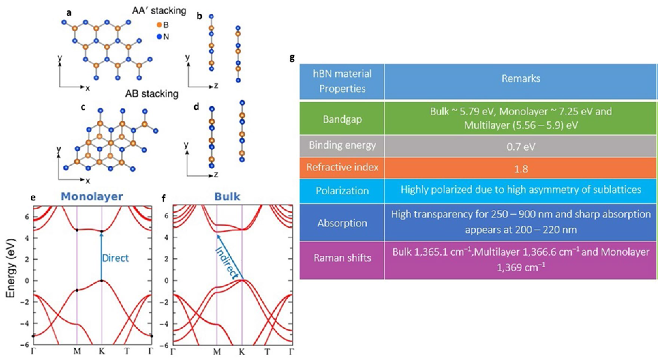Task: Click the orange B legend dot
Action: click(159, 25)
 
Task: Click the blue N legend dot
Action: click(159, 37)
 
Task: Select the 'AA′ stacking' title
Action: click(159, 11)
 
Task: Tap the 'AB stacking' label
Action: click(152, 94)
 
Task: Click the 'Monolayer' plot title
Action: click(92, 196)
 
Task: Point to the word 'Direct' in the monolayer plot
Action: click(115, 258)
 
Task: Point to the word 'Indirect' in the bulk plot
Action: click(227, 263)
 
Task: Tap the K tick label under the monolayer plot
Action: click(102, 351)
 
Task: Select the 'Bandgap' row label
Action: click(342, 119)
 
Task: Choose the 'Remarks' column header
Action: click(521, 79)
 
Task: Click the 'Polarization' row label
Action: click(342, 191)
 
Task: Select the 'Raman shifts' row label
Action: click(342, 258)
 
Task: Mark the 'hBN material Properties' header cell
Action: click(342, 81)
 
